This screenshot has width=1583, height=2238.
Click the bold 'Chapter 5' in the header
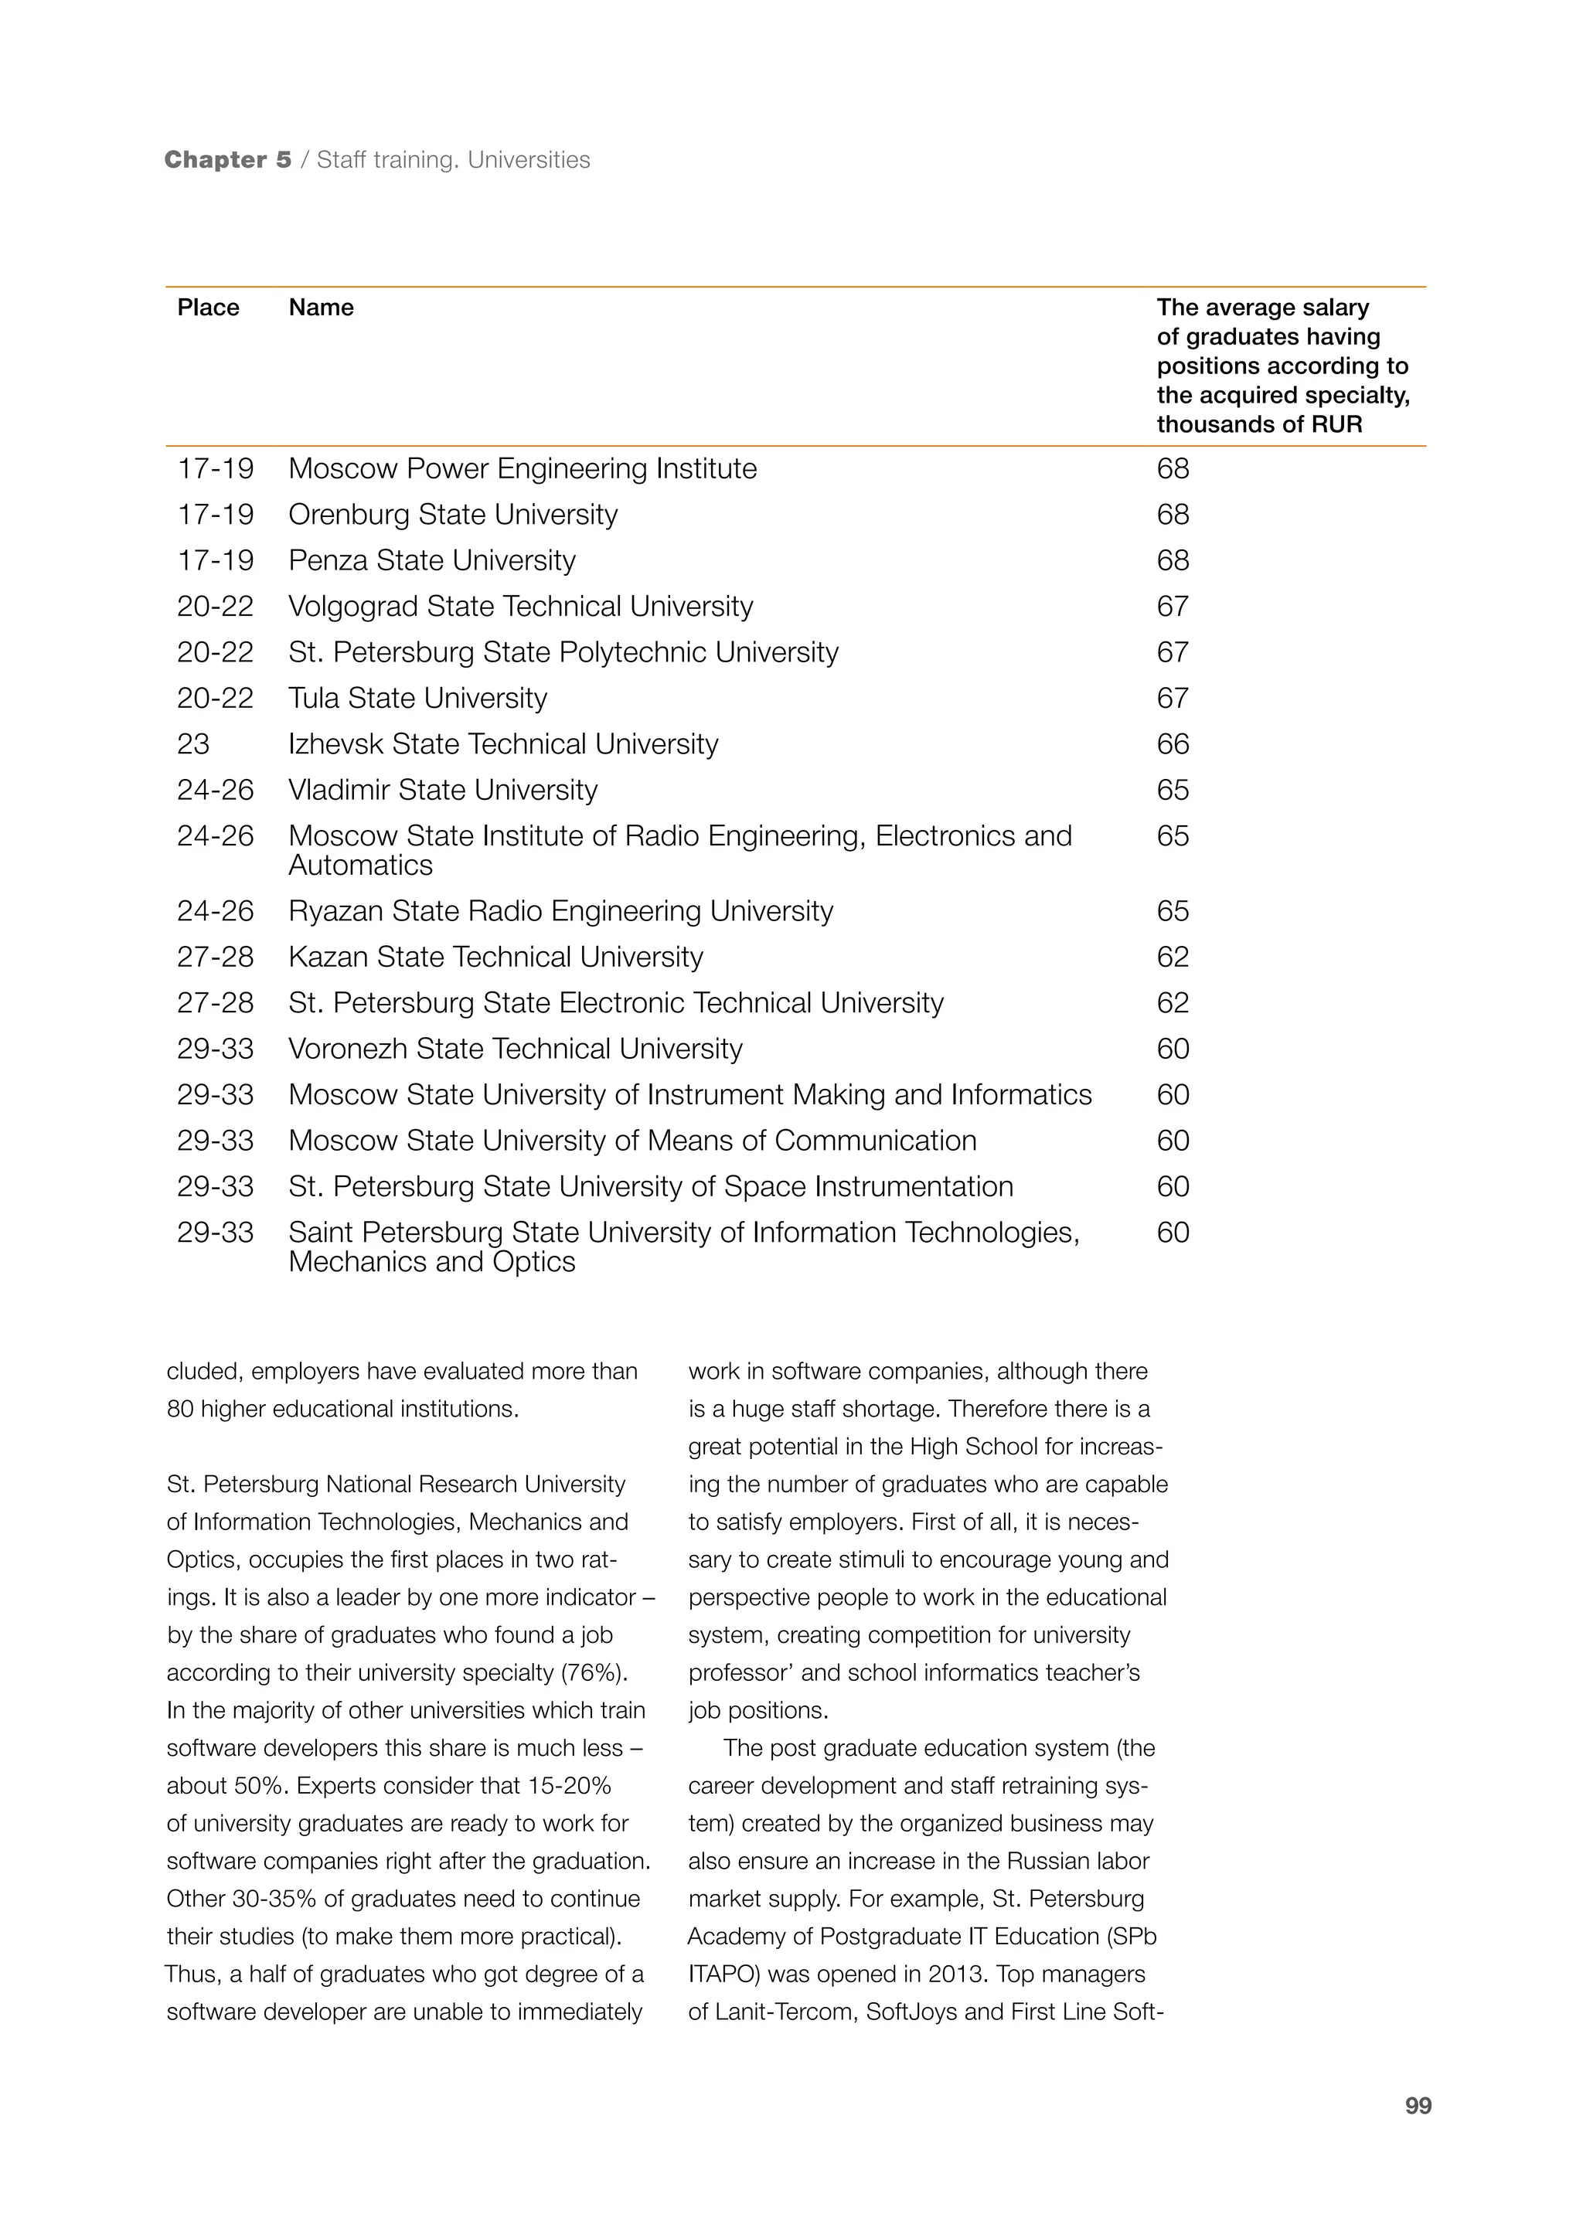pos(228,160)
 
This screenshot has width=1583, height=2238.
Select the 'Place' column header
pos(208,308)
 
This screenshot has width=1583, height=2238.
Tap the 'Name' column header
pos(321,308)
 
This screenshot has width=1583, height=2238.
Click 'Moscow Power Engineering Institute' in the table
pos(523,469)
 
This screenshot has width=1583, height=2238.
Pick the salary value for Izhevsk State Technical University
pos(1173,745)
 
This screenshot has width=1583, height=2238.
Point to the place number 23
pos(193,745)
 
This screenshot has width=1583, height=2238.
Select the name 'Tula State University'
pos(417,699)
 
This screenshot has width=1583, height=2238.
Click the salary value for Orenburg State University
pos(1173,515)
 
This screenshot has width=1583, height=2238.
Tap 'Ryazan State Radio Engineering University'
pos(560,911)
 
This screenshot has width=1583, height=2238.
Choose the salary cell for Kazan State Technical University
pos(1173,957)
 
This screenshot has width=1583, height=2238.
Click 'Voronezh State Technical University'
pos(515,1049)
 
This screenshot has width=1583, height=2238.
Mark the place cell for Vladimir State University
pos(214,791)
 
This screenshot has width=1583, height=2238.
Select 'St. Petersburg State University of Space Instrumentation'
pos(650,1187)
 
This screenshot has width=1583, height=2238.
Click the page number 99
pos(1418,2107)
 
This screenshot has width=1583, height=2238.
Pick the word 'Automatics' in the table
pos(361,866)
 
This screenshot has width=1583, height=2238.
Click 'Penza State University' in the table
pos(432,560)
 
